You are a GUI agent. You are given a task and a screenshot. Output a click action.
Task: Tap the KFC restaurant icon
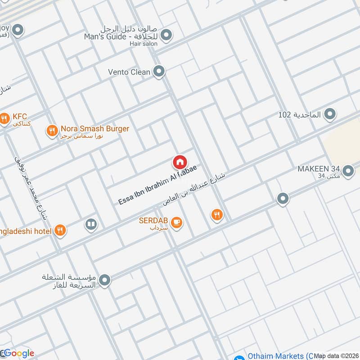pos(4,119)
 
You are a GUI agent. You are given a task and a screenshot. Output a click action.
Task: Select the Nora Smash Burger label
pos(95,129)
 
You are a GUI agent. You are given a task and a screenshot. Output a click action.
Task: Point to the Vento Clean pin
pos(158,71)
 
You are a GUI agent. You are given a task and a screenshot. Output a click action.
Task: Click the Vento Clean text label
pos(129,72)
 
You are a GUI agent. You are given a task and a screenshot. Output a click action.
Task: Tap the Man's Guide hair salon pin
pos(166,34)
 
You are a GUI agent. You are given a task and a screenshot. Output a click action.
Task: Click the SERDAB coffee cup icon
pos(177,222)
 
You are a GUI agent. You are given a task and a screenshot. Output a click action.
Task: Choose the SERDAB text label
pos(154,221)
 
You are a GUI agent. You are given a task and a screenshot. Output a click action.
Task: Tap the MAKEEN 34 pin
pos(347,171)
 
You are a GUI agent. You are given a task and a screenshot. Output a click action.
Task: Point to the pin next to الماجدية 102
pos(330,114)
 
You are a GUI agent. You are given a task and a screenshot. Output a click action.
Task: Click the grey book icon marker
pos(91,224)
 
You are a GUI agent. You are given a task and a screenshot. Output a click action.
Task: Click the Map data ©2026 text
pos(336,355)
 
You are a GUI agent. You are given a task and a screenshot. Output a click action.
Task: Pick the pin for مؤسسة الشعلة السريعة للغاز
pos(105,281)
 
